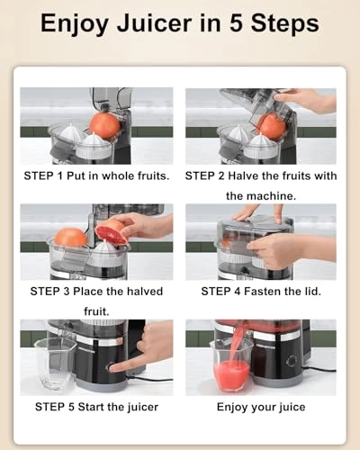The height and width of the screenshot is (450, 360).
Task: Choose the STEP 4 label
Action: point(224,291)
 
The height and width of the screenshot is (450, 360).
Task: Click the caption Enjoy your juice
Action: point(260,407)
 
